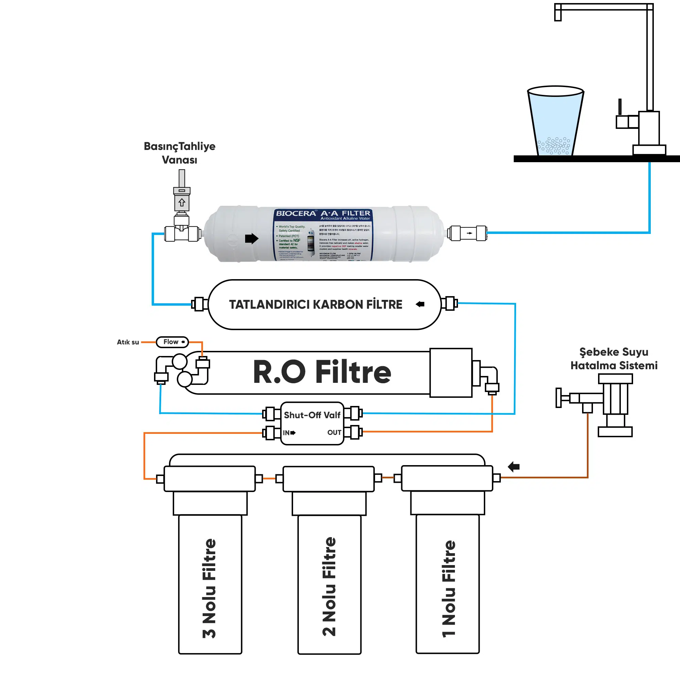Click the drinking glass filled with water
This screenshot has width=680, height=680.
coord(555,121)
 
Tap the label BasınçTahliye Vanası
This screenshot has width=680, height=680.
coord(180,153)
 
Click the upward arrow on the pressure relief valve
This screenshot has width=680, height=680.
coord(182,202)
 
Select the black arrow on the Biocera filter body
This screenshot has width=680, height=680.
coord(252,238)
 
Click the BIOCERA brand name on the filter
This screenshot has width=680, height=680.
coord(296,213)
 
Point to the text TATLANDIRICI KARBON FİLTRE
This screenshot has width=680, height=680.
coord(316,304)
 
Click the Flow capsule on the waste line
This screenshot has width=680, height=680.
coord(172,342)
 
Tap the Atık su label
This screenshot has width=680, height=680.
coord(128,342)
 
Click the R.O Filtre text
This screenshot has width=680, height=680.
coord(322,372)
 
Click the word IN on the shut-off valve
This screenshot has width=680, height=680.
coord(286,432)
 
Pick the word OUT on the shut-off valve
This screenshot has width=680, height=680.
coord(334,432)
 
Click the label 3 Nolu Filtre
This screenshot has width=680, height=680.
coord(209,589)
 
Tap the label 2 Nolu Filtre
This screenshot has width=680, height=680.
coord(329,587)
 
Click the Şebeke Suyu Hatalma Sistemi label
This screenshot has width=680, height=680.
coord(614,359)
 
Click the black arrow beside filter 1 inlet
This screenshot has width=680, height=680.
coord(514,467)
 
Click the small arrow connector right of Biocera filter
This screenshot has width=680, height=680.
coord(469,233)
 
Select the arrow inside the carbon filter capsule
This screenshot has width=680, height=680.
coord(420,304)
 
